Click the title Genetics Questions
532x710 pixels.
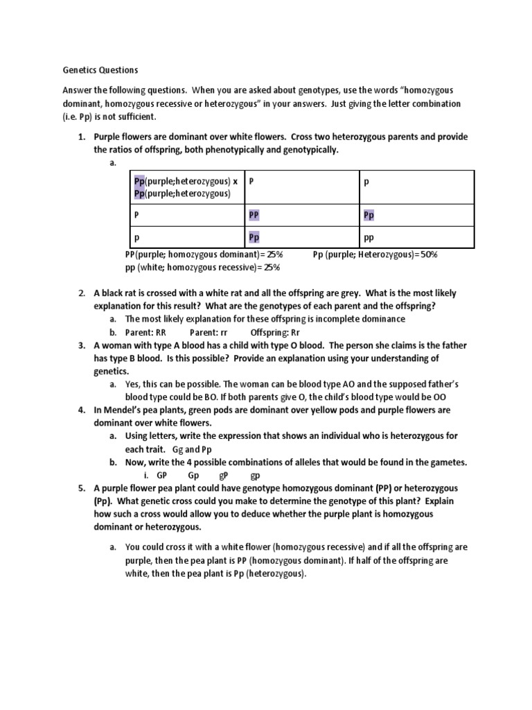tap(100, 70)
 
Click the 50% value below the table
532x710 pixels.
tap(427, 254)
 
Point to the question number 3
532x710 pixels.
tap(81, 345)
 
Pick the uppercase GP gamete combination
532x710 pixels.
tap(162, 476)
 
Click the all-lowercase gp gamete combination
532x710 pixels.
tap(254, 476)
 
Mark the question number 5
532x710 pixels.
tap(81, 489)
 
